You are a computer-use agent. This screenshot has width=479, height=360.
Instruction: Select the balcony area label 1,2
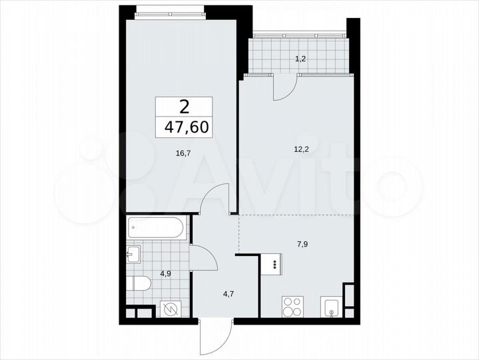301,59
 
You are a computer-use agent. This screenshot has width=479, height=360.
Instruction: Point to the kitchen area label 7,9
302,243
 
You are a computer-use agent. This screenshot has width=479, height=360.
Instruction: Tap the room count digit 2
184,106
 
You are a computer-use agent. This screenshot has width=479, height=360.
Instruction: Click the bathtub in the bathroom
157,229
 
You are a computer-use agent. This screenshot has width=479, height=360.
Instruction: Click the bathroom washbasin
134,253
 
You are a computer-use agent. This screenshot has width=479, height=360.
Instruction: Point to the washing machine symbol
171,310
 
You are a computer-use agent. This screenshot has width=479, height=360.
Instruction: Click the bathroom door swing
203,257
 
